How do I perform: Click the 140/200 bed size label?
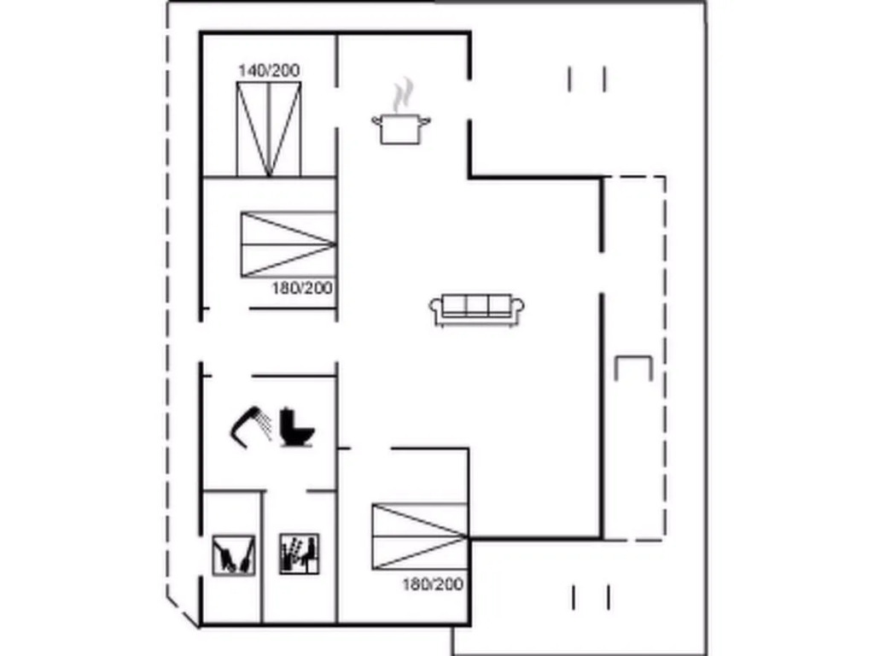pos(269,70)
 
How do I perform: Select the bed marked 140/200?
pos(269,130)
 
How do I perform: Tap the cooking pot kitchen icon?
pos(401,128)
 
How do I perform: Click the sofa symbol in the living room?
pos(476,309)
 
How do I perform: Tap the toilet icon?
pos(296,428)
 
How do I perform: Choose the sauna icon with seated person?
pos(300,553)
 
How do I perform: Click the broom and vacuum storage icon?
pos(234,554)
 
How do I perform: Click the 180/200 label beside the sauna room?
pos(433,584)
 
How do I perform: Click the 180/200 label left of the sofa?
pos(302,288)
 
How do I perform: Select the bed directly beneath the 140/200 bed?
pos(288,244)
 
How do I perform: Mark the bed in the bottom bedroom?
pos(420,536)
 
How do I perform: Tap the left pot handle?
pos(376,120)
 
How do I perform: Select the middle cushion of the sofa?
pos(476,306)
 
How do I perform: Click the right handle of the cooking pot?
pos(426,120)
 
